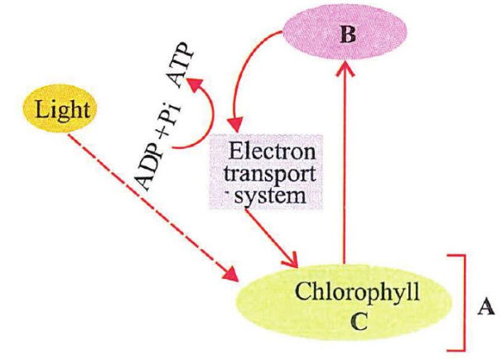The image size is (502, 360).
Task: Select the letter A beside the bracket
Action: tap(487, 308)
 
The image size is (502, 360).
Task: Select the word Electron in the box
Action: tap(271, 153)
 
